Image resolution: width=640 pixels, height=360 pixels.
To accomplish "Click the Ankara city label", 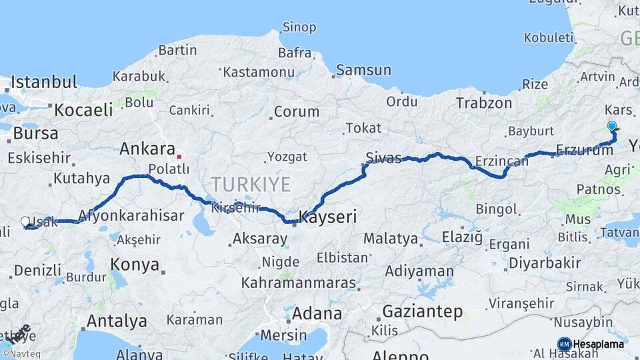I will [147, 149].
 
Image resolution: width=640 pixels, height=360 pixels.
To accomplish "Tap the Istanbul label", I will [44, 83].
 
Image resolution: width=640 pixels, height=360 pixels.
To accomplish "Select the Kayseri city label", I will [328, 217].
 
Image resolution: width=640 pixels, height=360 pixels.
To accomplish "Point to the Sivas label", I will [383, 158].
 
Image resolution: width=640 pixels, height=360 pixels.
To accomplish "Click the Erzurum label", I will [585, 151].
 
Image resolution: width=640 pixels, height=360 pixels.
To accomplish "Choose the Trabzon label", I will [484, 103].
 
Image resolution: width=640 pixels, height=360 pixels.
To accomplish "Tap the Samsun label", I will [363, 70].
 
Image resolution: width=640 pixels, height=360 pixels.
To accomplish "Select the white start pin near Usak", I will [25, 222].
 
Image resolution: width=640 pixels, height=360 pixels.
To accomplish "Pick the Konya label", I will [135, 264].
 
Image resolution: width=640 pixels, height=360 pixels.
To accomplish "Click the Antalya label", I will [117, 321].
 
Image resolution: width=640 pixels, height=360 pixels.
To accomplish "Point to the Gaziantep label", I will [423, 311].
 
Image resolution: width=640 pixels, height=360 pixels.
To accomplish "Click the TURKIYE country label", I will [251, 184].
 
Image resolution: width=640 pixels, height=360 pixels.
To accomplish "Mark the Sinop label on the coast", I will [298, 27].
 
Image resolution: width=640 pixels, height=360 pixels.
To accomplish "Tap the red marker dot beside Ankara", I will [179, 157].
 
